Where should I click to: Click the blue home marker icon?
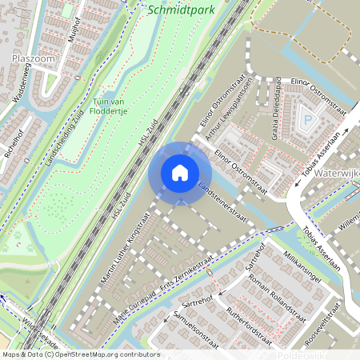point(180,173)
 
